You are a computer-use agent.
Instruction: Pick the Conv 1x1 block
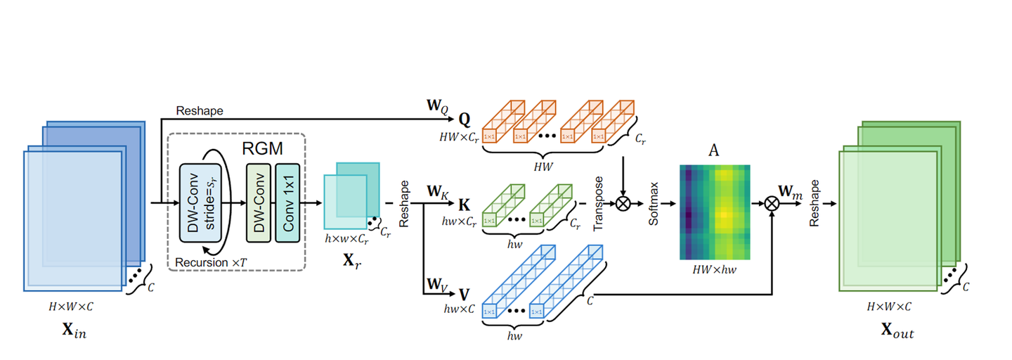288,203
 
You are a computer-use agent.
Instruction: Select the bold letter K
464,205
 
